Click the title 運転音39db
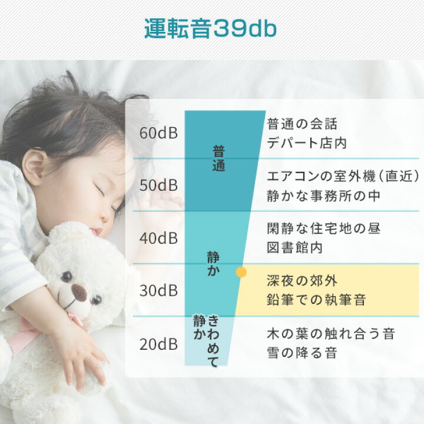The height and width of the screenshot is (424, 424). pyautogui.click(x=210, y=29)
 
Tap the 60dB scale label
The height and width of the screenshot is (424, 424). pyautogui.click(x=159, y=132)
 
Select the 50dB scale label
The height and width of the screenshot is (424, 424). pyautogui.click(x=159, y=185)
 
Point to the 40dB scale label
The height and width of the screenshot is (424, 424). pyautogui.click(x=159, y=238)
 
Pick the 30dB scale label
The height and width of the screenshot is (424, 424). pyautogui.click(x=159, y=291)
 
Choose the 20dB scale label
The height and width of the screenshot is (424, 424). pyautogui.click(x=159, y=344)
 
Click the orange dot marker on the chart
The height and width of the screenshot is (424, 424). pyautogui.click(x=240, y=272)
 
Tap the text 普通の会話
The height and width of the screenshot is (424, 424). pyautogui.click(x=302, y=124)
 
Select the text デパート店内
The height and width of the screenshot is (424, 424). pyautogui.click(x=307, y=143)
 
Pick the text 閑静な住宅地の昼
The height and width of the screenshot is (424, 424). pyautogui.click(x=323, y=228)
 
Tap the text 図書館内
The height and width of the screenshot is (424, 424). pyautogui.click(x=295, y=248)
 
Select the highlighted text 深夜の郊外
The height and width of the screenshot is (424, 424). pyautogui.click(x=302, y=281)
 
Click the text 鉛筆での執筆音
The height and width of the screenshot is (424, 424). pyautogui.click(x=316, y=300)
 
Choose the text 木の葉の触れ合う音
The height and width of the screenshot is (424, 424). pyautogui.click(x=330, y=334)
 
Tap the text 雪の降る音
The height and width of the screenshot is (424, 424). pyautogui.click(x=302, y=353)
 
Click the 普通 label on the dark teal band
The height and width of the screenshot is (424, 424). pyautogui.click(x=218, y=158)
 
